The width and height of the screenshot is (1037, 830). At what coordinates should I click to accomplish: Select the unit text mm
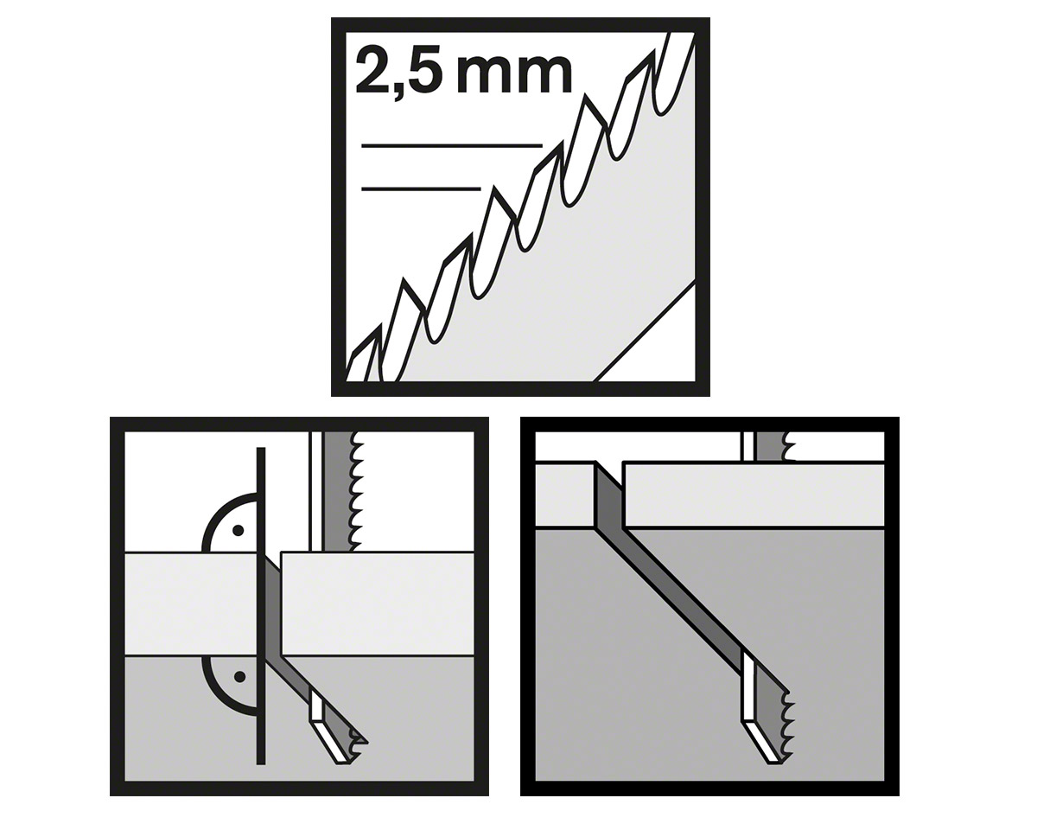[x=514, y=75]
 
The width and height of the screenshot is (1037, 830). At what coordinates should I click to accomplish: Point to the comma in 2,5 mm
[x=399, y=92]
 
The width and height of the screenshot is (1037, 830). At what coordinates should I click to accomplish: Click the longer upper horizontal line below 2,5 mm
[x=452, y=145]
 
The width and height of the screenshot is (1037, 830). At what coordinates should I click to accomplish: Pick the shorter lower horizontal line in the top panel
[x=421, y=189]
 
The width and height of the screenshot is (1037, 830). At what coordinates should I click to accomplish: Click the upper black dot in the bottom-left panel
[x=238, y=531]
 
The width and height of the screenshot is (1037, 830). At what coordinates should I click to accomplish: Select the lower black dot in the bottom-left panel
[x=239, y=677]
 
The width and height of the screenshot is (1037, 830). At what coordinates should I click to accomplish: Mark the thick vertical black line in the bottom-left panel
[x=261, y=612]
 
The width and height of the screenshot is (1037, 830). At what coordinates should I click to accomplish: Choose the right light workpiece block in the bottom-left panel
[x=378, y=603]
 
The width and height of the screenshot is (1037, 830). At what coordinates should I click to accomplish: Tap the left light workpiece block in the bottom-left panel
[x=191, y=603]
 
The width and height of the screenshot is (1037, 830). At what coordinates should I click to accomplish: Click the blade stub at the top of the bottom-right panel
[x=767, y=446]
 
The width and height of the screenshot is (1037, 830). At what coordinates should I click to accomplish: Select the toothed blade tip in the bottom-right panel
[x=767, y=737]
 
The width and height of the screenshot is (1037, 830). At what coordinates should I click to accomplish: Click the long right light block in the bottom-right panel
[x=754, y=495]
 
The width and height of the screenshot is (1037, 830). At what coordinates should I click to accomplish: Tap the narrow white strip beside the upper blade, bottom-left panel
[x=315, y=491]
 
